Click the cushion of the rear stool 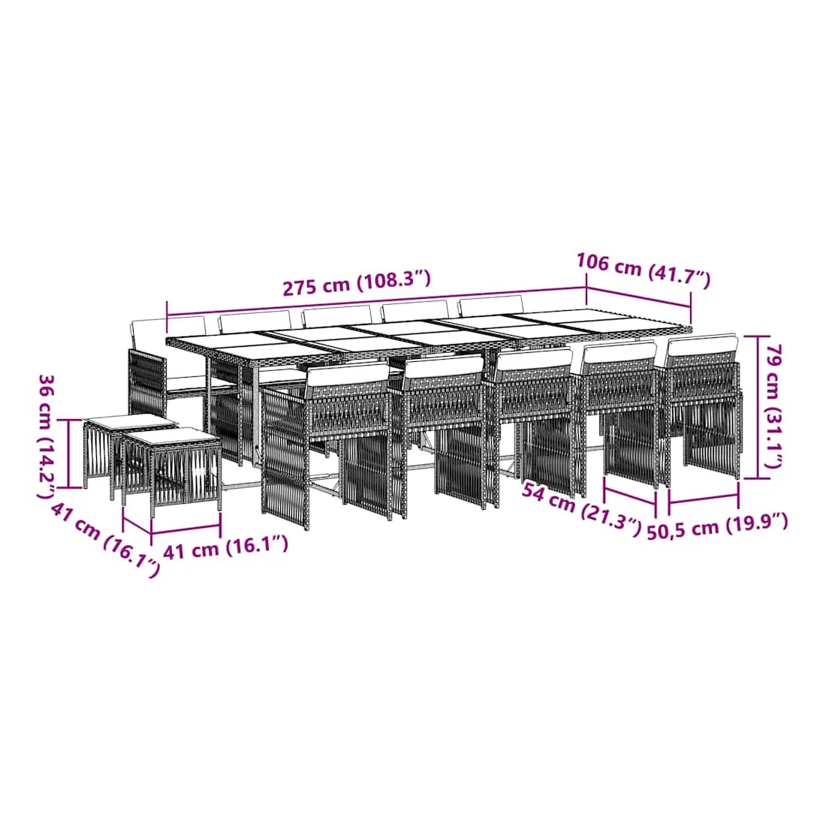pos(130,421)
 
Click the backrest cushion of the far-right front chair pos(701,347)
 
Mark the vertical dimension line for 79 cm pos(758,407)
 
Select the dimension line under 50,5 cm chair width pos(704,497)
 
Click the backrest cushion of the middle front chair pos(533,360)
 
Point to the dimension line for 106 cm pos(639,297)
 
